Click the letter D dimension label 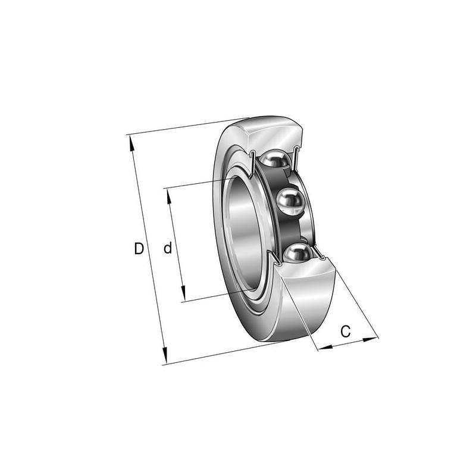click(139, 249)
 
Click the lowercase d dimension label click(168, 248)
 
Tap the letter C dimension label click(346, 331)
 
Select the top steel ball click(275, 159)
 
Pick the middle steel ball click(290, 201)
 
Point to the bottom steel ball click(298, 253)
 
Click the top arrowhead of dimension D click(131, 143)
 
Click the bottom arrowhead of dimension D click(165, 355)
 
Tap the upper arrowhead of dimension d click(168, 196)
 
